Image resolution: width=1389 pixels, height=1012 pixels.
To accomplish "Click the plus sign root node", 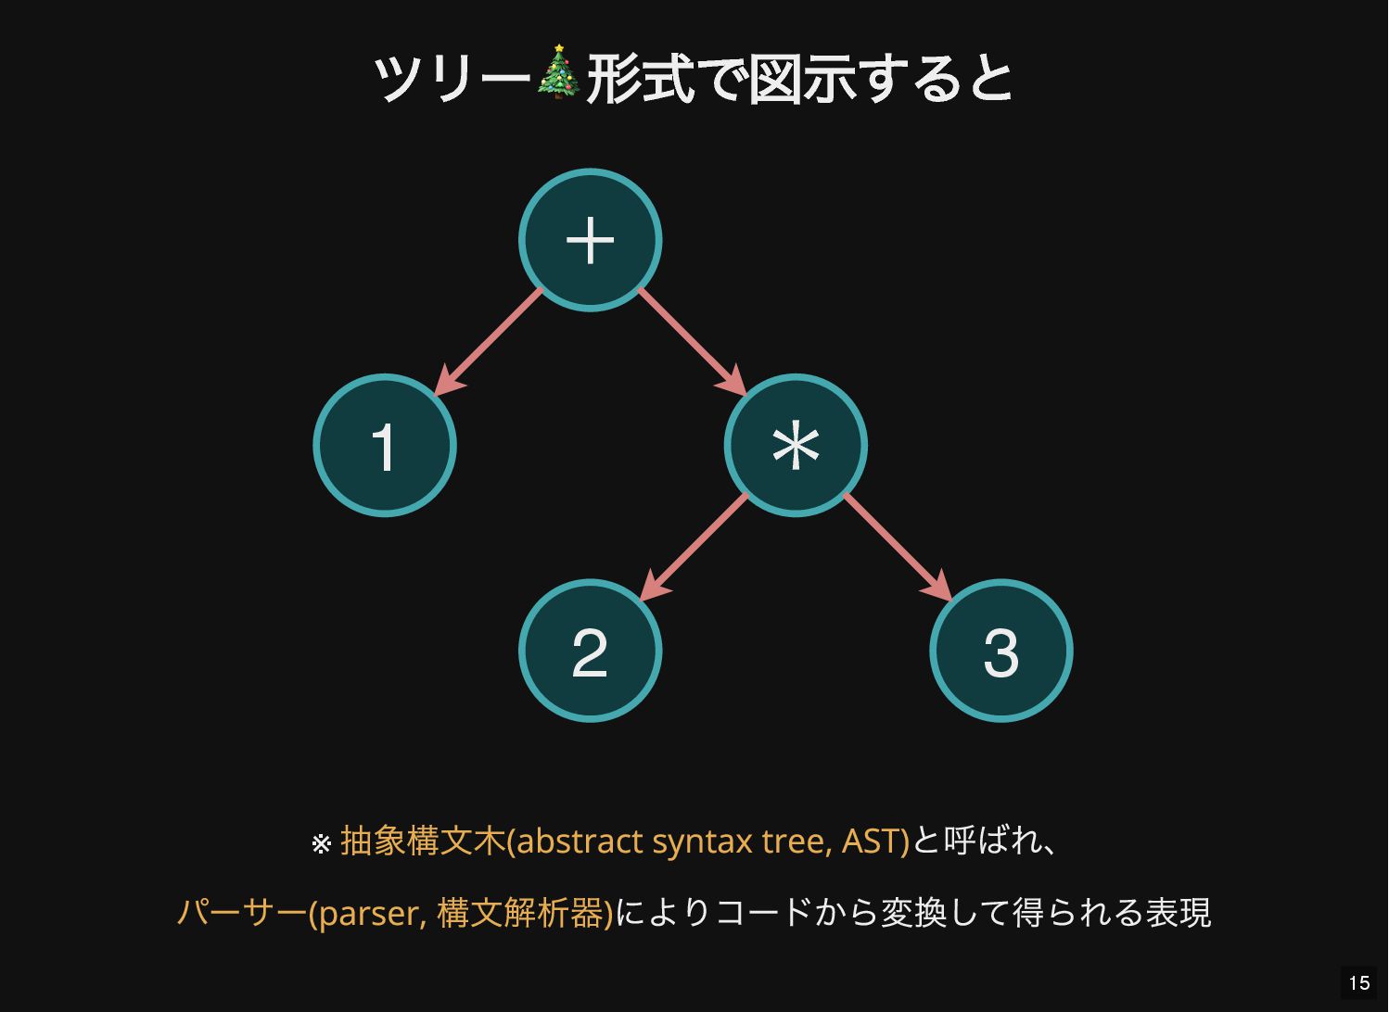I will pyautogui.click(x=590, y=240).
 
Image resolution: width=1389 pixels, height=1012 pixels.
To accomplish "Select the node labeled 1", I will pyautogui.click(x=385, y=446).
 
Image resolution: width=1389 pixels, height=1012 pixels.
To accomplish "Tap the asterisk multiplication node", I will pyautogui.click(x=796, y=446).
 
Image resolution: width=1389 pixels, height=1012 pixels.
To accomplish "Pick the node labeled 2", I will pyautogui.click(x=590, y=651).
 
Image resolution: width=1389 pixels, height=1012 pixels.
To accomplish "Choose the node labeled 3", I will pyautogui.click(x=1001, y=651).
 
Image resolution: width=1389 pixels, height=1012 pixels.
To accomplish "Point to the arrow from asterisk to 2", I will pyautogui.click(x=694, y=547).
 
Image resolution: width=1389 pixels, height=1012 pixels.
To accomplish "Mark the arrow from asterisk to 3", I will pyautogui.click(x=898, y=547).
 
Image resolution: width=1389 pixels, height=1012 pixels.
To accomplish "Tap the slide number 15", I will pyautogui.click(x=1359, y=983).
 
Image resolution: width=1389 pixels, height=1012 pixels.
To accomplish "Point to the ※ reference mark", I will pyautogui.click(x=321, y=844).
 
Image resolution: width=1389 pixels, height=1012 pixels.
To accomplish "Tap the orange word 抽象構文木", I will pyautogui.click(x=423, y=841).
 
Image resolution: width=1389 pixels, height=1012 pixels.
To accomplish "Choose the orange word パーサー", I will pyautogui.click(x=241, y=914).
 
